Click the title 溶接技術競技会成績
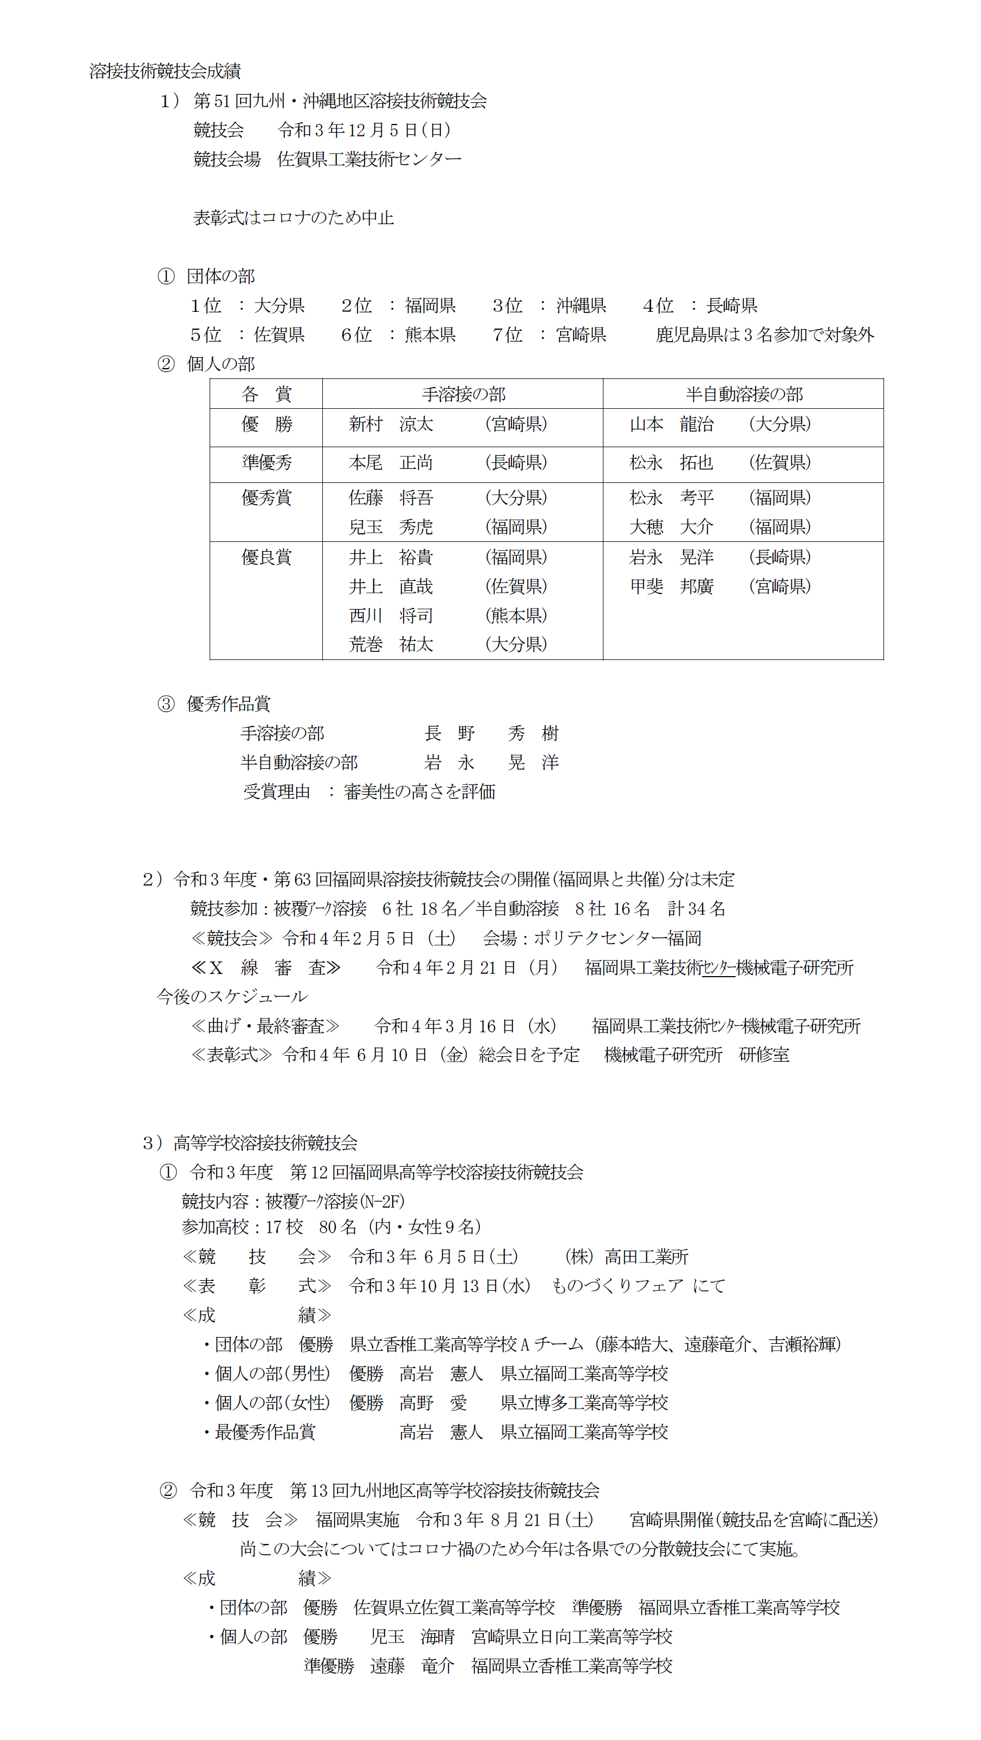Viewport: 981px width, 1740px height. click(x=165, y=71)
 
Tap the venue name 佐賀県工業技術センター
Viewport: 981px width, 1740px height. click(x=369, y=159)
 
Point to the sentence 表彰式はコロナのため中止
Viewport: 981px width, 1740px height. click(x=293, y=218)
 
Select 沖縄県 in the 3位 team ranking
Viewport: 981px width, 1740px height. click(x=581, y=305)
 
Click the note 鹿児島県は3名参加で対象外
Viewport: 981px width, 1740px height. click(x=764, y=335)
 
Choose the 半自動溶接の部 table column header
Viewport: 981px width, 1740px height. click(x=744, y=394)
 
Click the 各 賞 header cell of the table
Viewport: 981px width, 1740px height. click(x=266, y=394)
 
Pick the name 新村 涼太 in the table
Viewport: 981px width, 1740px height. click(x=391, y=424)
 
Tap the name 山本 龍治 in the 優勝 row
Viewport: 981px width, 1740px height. click(x=671, y=424)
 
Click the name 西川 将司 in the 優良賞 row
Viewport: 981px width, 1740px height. click(x=391, y=616)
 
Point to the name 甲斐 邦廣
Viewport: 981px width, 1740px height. click(x=671, y=586)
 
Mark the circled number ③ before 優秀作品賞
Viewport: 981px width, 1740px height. click(x=166, y=704)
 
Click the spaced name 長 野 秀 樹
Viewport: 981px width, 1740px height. click(x=491, y=734)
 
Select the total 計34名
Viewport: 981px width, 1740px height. click(x=696, y=908)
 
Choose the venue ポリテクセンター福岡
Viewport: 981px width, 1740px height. click(x=617, y=938)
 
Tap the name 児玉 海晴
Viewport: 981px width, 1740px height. click(x=412, y=1637)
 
